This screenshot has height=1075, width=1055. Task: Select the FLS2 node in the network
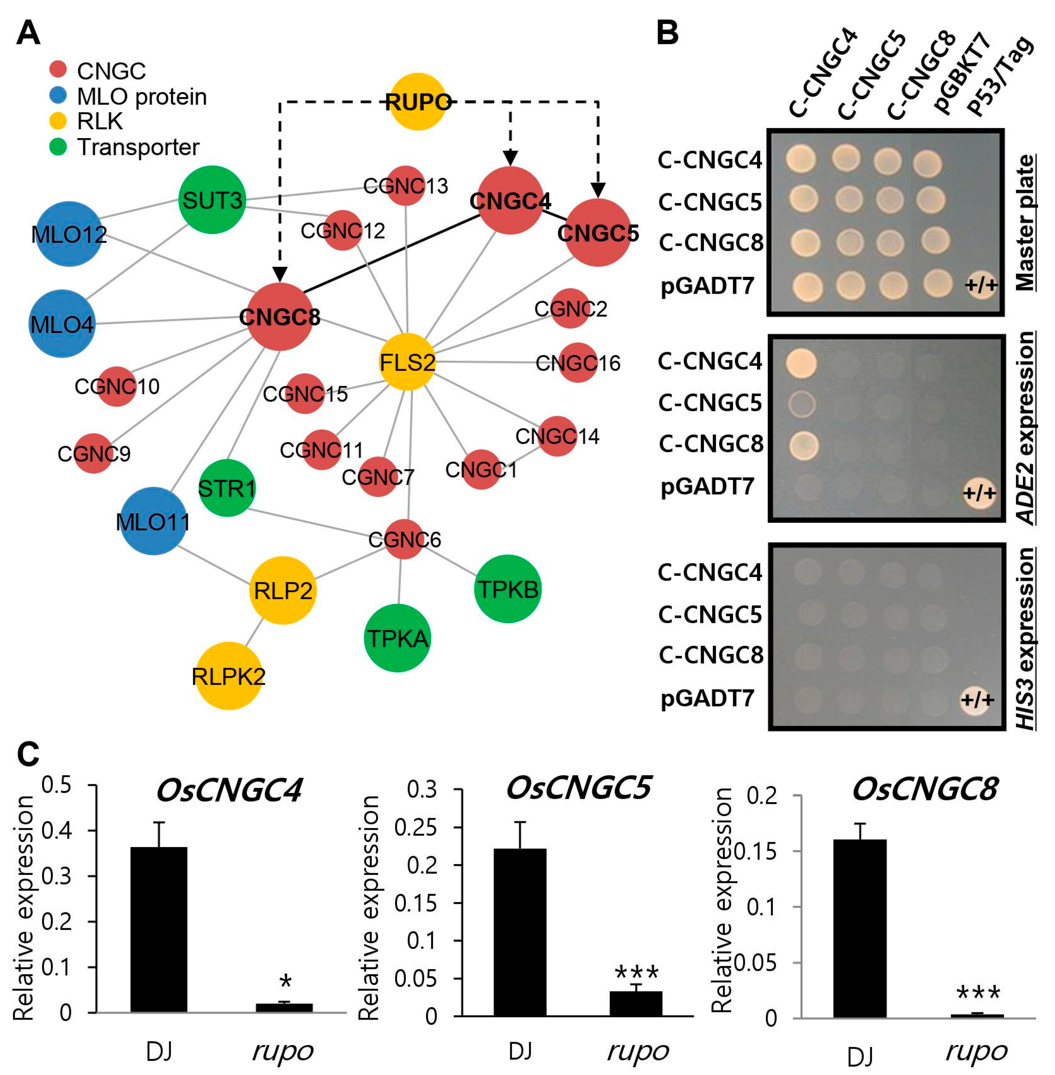pos(407,362)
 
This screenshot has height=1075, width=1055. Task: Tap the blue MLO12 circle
pos(69,234)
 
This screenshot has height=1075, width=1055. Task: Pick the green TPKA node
pos(397,638)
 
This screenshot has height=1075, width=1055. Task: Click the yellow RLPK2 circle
pos(228,676)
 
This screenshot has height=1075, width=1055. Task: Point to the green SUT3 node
pos(212,199)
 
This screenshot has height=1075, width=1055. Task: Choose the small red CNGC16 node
pos(578,363)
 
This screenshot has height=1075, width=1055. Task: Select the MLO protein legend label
pos(141,96)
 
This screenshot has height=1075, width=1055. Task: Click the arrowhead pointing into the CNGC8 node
pos(280,274)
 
